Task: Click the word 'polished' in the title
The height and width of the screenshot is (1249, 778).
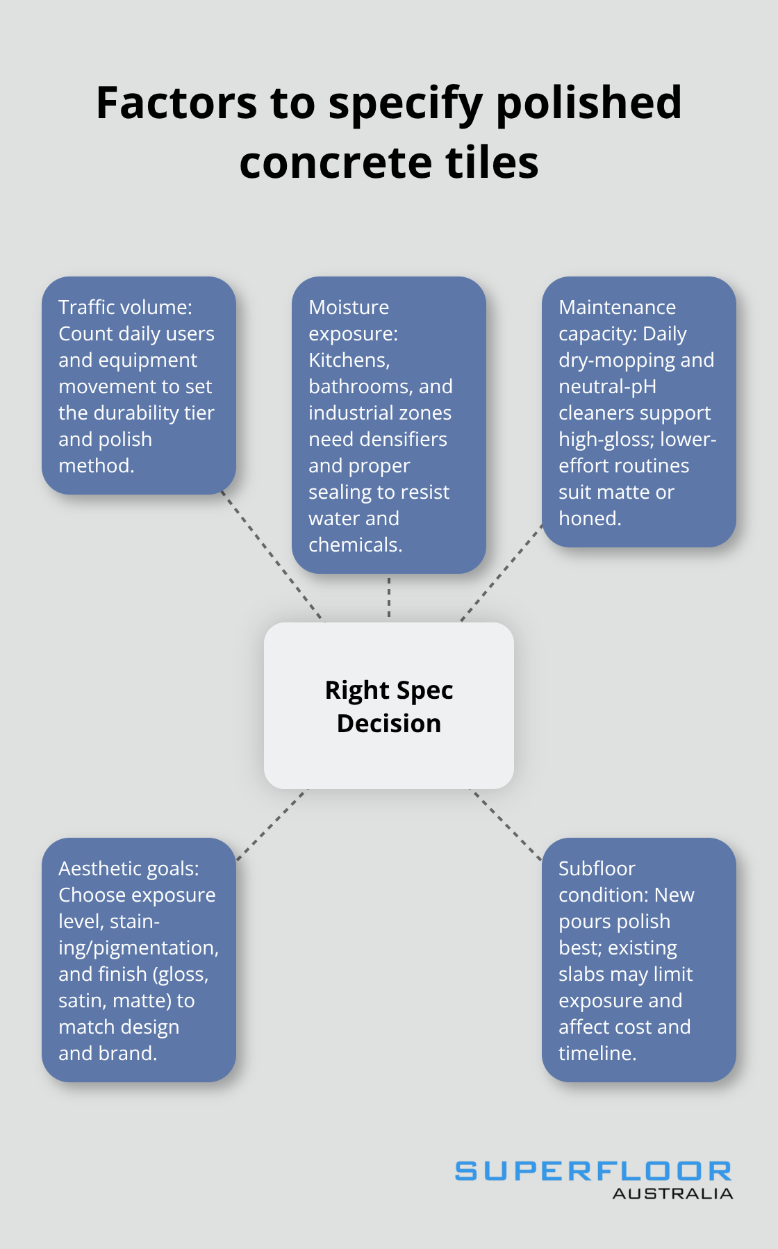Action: pyautogui.click(x=588, y=104)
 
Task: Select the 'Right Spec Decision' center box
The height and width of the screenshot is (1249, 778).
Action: pyautogui.click(x=389, y=705)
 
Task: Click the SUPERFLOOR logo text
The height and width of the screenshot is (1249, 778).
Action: pyautogui.click(x=593, y=1171)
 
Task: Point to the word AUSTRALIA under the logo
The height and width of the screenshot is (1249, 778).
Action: pyautogui.click(x=672, y=1194)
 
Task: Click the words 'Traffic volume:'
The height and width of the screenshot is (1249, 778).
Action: pyautogui.click(x=125, y=307)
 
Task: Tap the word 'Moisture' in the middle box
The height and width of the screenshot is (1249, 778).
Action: pyautogui.click(x=349, y=307)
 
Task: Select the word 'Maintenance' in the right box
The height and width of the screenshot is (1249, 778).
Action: pyautogui.click(x=617, y=307)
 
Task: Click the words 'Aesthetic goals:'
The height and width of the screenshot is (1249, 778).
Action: pyautogui.click(x=129, y=868)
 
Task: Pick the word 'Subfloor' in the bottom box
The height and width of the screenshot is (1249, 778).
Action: pyautogui.click(x=597, y=868)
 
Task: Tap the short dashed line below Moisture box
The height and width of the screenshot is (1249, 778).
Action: pyautogui.click(x=389, y=597)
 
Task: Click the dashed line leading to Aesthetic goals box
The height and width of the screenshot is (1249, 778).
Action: pyautogui.click(x=271, y=825)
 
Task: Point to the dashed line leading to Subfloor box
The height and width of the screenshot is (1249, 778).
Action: pyautogui.click(x=507, y=825)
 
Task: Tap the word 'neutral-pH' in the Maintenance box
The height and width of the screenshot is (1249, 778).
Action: pyautogui.click(x=607, y=386)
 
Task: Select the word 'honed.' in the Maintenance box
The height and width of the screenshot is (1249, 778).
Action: pyautogui.click(x=590, y=518)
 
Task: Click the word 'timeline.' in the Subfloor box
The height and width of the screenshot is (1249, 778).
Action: pyautogui.click(x=597, y=1053)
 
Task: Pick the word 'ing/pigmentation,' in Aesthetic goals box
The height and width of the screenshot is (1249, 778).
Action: pyautogui.click(x=138, y=948)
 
